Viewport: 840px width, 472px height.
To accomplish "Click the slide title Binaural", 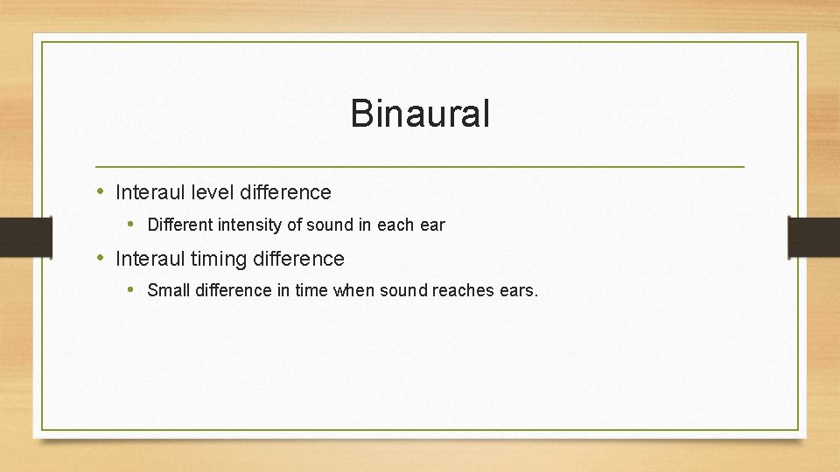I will [x=420, y=115].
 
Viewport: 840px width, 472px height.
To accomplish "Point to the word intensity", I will [x=250, y=226].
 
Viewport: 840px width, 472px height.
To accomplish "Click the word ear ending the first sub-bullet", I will [x=432, y=226].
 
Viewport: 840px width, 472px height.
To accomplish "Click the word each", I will [x=395, y=226].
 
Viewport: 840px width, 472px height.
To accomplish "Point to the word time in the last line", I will [x=311, y=290].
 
